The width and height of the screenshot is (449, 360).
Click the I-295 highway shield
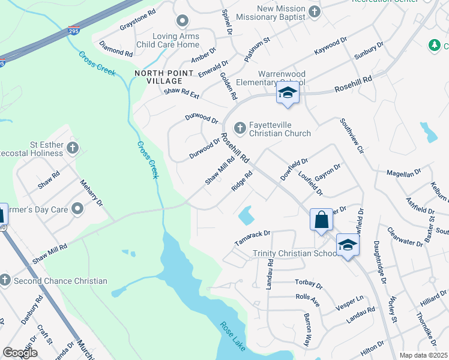[72, 30]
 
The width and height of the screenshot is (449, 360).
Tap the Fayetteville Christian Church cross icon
[240, 127]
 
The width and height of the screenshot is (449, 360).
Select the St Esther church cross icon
[73, 148]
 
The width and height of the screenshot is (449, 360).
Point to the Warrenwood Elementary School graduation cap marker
[288, 93]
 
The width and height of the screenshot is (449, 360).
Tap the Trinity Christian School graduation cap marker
[348, 244]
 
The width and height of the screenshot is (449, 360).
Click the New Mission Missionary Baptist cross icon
[314, 12]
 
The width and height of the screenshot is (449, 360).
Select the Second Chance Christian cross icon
[5, 280]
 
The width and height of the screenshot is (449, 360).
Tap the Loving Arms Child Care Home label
[176, 40]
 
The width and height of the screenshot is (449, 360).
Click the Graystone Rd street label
[137, 26]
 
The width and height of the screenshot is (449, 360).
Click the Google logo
[20, 353]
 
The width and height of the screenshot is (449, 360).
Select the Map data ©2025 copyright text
[423, 355]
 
